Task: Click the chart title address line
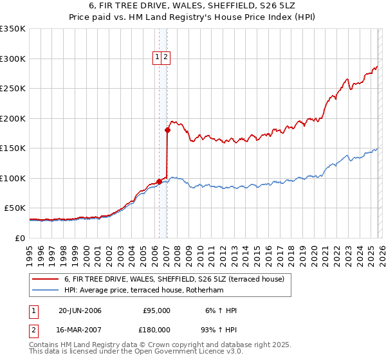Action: coord(193,6)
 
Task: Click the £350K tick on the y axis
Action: coord(14,29)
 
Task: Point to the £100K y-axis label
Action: coord(14,178)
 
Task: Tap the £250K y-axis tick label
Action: coord(14,89)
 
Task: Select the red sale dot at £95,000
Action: coord(159,181)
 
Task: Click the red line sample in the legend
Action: coord(45,279)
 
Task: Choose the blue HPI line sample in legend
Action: coord(45,290)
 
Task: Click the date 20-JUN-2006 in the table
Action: coord(80,310)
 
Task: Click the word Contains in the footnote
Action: coord(44,345)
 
